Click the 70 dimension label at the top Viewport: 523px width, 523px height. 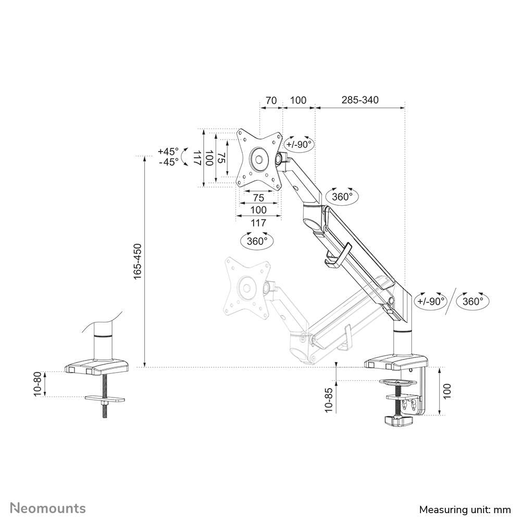tap(271, 100)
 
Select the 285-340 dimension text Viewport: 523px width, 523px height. tap(360, 100)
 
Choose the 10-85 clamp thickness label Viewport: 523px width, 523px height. tap(328, 400)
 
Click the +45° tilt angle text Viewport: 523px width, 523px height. tap(168, 152)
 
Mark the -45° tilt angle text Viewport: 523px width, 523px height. tap(168, 162)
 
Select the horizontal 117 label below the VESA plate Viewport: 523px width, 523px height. tap(258, 222)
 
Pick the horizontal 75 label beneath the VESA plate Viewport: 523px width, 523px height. tap(258, 198)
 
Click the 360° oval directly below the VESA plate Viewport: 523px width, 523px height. tap(257, 241)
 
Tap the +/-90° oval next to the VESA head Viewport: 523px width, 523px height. tap(300, 144)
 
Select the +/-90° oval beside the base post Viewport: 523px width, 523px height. tap(431, 301)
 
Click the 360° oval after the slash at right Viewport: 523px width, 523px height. tap(473, 301)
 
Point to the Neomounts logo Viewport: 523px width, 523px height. tap(48, 508)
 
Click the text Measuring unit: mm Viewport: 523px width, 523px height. tap(465, 509)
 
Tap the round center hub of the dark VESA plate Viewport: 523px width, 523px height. tap(258, 157)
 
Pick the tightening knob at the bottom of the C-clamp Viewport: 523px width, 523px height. tap(397, 420)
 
